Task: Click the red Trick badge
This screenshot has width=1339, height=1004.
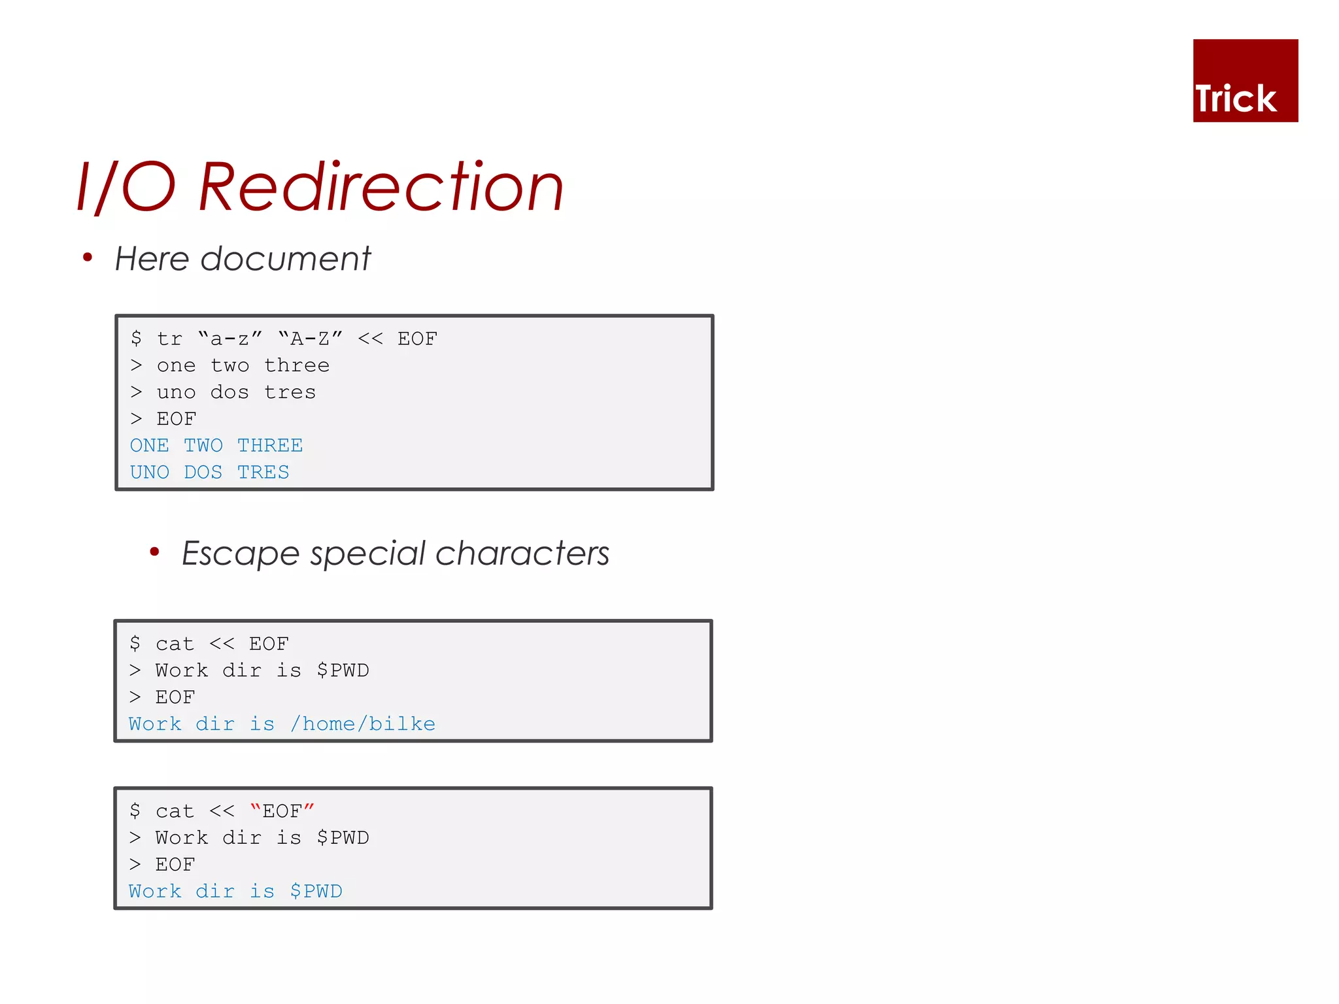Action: [1245, 80]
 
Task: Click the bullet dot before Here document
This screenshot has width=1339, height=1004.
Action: [88, 258]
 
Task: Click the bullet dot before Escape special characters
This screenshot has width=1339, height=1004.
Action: [154, 552]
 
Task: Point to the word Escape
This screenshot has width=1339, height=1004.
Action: [240, 554]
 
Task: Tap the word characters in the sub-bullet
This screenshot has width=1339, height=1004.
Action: [522, 554]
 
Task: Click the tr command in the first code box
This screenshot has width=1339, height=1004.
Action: [169, 339]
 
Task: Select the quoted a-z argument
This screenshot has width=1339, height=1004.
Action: [229, 339]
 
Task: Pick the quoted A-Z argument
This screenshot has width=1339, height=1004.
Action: [310, 339]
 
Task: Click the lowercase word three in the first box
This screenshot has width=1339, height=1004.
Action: [297, 365]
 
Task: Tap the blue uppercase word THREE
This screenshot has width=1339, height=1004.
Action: [270, 446]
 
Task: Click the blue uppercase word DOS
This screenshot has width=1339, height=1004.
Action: [203, 473]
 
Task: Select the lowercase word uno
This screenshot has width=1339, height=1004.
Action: [176, 392]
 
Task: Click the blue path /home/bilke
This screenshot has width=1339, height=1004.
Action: [363, 724]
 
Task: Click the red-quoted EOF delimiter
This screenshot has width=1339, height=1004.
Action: [282, 811]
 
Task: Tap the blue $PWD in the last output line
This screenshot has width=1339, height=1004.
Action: [316, 892]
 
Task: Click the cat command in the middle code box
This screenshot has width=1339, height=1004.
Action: [175, 644]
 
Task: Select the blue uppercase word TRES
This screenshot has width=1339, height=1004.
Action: [263, 473]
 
